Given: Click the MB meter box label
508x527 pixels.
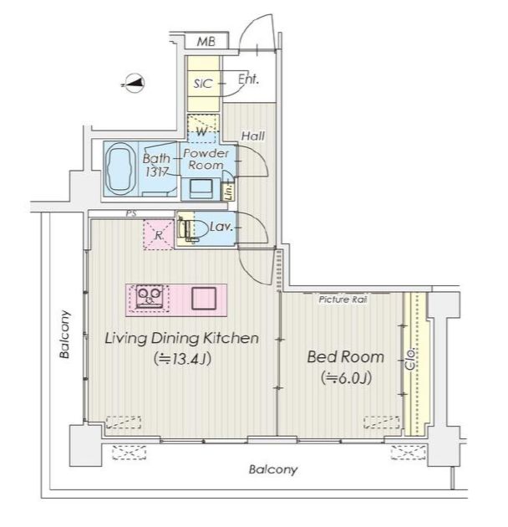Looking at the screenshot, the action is pos(206,42).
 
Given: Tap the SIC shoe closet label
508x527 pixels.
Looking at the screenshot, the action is pos(203,84).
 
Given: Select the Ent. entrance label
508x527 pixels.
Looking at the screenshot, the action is pos(248,79).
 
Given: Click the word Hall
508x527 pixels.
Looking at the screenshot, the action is pos(253,136).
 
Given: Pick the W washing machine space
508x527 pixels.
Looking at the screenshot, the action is pos(203,129).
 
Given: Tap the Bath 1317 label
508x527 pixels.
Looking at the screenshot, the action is pos(156,165).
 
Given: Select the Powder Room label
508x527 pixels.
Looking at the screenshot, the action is pos(206,159).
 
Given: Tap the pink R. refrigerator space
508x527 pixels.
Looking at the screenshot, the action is pos(159,234).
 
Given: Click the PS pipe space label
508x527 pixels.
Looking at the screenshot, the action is pos(131,213).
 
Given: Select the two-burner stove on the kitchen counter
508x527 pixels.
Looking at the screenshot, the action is pos(150,296).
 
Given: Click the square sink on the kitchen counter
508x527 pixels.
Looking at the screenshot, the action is pos(204,299).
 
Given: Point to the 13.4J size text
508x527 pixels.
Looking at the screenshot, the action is pos(182,359).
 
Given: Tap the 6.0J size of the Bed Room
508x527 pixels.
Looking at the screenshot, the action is pos(346,378).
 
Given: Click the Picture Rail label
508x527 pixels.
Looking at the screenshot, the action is pos(343,299).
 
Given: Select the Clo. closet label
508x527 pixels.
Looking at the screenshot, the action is pos(410,360).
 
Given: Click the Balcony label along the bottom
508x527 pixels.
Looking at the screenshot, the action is pos(273,469).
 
